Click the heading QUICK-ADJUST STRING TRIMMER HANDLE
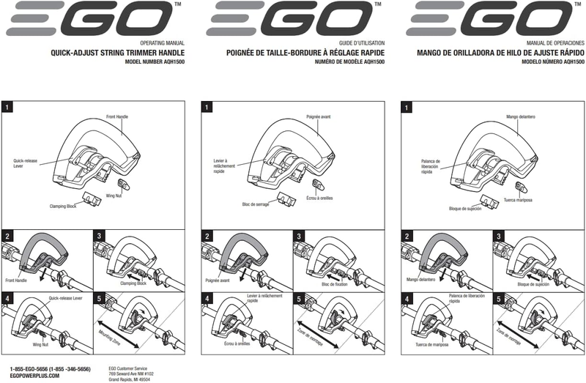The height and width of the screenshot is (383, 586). pos(117,53)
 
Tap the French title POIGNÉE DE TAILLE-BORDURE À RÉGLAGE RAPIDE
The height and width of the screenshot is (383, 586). pos(305,53)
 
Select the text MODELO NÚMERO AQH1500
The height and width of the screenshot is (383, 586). pos(553,62)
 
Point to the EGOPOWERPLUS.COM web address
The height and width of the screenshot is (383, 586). pos(34,376)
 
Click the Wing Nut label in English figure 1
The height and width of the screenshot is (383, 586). pos(114,196)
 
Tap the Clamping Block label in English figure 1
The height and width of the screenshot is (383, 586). pos(63,207)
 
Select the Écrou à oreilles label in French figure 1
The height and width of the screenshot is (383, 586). pos(319,198)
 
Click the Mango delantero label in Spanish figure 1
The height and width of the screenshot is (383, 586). pos(521,117)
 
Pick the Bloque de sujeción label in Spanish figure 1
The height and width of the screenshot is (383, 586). pos(465,209)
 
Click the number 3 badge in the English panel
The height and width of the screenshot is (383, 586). pos(99,236)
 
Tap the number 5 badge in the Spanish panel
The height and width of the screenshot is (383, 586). pos(499,299)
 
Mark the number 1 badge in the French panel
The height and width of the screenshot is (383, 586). pos(207,108)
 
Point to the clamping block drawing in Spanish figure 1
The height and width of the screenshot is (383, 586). pos(489,201)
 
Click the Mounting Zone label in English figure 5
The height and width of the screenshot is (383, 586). pos(109,338)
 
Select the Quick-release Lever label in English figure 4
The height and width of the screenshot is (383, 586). pos(65,298)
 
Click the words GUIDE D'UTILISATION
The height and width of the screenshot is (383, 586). pos(362,43)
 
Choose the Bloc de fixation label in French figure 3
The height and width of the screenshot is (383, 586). pos(335,284)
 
